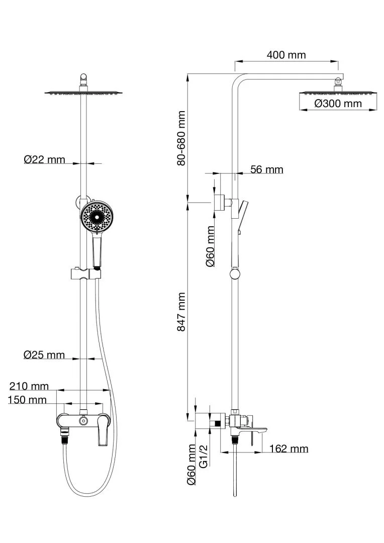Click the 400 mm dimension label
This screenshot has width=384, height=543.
click(x=286, y=55)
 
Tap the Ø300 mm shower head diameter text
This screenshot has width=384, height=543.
click(x=338, y=104)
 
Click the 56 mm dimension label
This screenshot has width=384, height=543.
click(x=266, y=169)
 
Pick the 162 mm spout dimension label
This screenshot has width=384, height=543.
click(x=289, y=448)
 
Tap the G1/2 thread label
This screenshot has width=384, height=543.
click(x=204, y=456)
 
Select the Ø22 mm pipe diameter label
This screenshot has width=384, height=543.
click(x=45, y=159)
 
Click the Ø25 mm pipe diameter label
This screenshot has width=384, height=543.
click(x=44, y=354)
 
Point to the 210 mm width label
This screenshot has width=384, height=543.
click(x=29, y=386)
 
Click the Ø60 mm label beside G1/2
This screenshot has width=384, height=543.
click(x=191, y=465)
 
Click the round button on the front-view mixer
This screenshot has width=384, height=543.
click(x=82, y=420)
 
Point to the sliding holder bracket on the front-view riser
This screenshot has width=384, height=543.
click(x=84, y=275)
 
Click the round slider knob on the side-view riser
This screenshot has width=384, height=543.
click(x=235, y=274)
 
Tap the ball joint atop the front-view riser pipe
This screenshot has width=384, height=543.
click(x=84, y=78)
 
